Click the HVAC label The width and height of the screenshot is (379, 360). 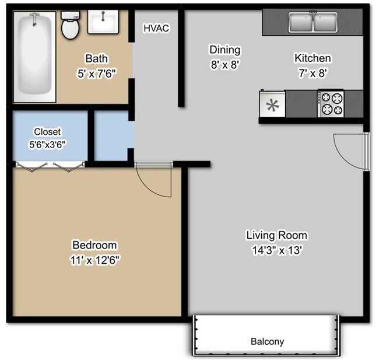pos(156,27)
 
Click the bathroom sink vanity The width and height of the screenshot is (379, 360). pos(103,22)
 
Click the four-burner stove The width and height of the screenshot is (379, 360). pos(331,104)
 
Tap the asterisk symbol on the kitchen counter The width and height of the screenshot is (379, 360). pos(272,106)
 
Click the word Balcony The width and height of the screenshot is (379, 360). pos(267,341)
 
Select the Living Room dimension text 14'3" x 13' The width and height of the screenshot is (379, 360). pos(276,250)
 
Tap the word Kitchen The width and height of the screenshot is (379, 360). pos(313,58)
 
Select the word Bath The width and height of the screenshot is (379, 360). pos(96,58)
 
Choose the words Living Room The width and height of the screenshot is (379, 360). pos(276,236)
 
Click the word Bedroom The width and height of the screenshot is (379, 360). pos(94,245)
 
